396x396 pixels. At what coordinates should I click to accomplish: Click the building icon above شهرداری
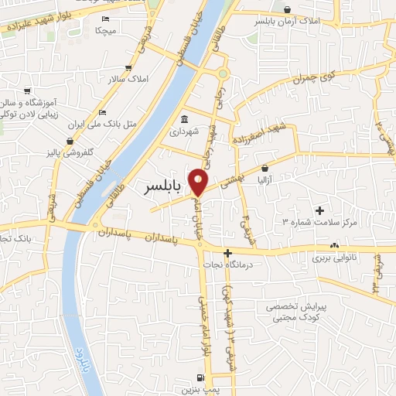[185, 119]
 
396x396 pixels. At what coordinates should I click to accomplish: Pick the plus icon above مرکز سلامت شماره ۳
[319, 210]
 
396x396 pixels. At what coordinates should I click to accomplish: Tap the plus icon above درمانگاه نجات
[227, 253]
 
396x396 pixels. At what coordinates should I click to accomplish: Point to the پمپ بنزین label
[201, 389]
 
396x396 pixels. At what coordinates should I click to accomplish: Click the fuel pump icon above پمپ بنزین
[201, 377]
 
